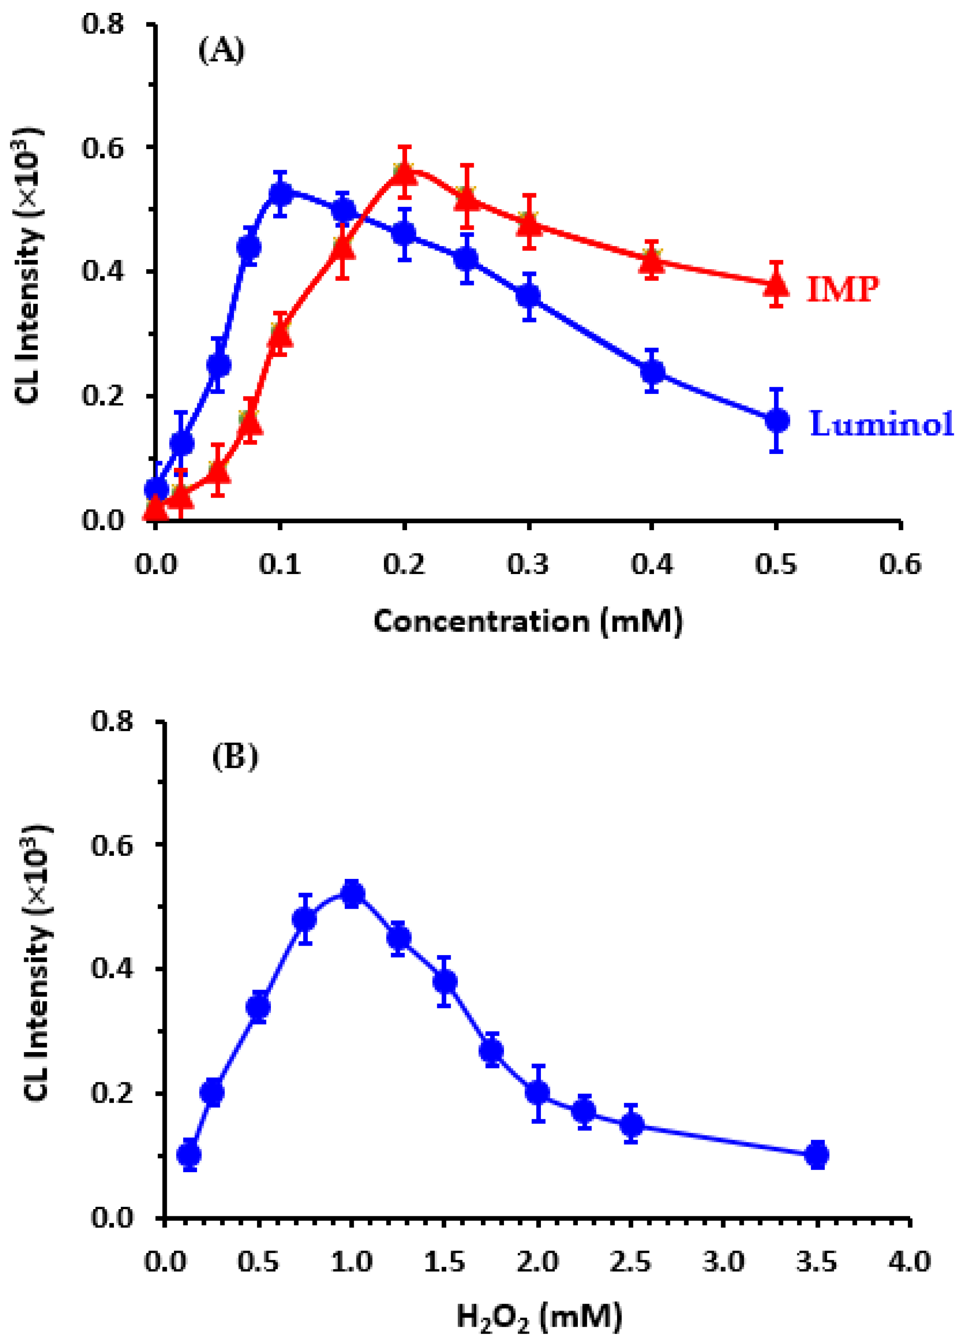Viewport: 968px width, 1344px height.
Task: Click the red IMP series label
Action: [x=843, y=290]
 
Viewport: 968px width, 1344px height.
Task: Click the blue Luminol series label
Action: [x=881, y=424]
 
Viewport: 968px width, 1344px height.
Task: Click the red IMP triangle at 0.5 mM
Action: [x=777, y=285]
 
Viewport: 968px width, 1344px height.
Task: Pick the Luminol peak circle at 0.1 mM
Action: [x=281, y=193]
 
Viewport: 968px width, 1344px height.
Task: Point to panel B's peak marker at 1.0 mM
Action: [x=352, y=894]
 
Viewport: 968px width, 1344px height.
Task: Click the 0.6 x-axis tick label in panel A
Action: [x=900, y=565]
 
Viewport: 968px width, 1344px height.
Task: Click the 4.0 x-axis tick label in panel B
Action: [x=909, y=1262]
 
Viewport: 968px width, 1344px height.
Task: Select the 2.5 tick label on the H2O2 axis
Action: [x=630, y=1262]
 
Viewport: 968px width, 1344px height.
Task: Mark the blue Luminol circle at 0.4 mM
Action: [x=652, y=372]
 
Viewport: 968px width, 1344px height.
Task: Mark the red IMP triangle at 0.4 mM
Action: [x=652, y=259]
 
